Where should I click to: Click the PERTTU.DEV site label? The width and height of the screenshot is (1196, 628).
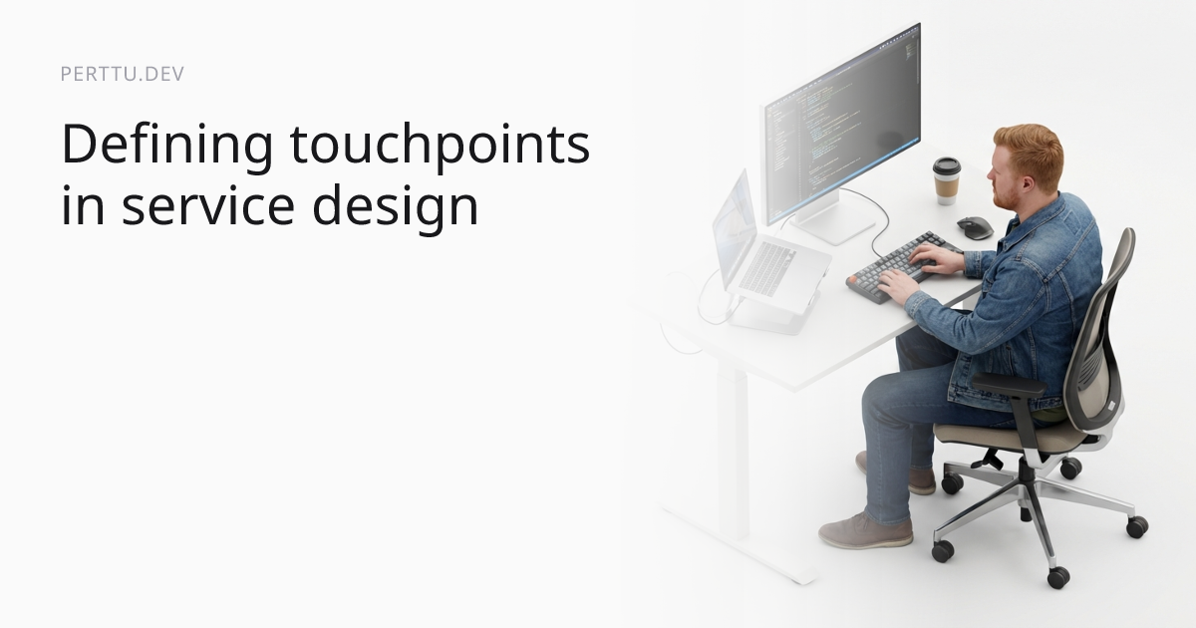click(x=122, y=75)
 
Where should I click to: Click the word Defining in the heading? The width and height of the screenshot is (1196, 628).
click(x=166, y=146)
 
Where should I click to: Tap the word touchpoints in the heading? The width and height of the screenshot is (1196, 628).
click(x=440, y=146)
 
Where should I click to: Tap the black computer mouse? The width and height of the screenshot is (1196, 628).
click(x=974, y=228)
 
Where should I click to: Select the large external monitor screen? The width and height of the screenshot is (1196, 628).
click(x=842, y=120)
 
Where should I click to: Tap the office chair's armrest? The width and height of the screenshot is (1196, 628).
click(x=1008, y=386)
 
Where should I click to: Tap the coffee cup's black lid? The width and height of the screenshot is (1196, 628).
click(x=946, y=164)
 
